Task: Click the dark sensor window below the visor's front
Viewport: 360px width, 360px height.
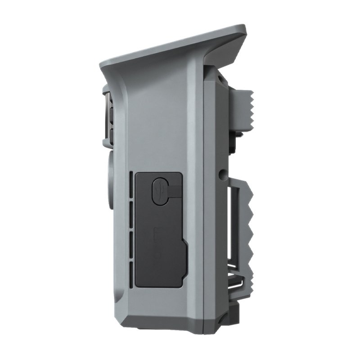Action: click(109, 115)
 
